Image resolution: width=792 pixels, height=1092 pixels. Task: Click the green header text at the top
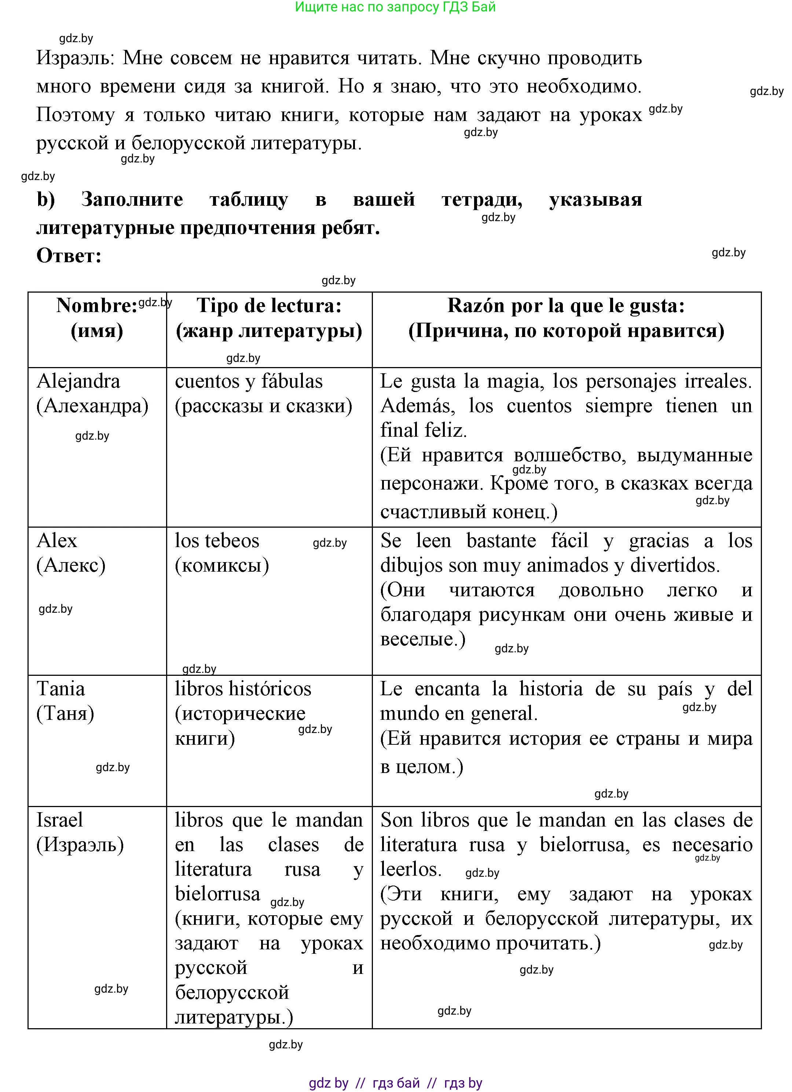395,7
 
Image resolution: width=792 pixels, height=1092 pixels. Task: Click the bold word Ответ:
69,256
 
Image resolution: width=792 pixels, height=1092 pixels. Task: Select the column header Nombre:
97,305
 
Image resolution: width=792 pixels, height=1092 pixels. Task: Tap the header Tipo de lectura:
269,305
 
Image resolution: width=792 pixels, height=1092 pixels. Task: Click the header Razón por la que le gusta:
566,305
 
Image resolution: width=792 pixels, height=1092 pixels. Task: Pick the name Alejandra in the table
78,381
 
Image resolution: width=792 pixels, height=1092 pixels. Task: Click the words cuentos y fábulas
249,381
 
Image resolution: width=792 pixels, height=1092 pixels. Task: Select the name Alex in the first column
57,541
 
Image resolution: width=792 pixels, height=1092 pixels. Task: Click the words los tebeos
217,541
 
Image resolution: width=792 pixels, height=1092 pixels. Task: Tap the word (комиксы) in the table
221,565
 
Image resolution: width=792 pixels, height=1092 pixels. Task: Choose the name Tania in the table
60,689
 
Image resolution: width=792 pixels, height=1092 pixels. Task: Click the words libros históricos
243,689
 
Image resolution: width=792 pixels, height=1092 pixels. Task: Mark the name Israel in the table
60,820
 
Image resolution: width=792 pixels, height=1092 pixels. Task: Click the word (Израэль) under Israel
80,844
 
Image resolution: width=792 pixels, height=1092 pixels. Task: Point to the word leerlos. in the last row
411,869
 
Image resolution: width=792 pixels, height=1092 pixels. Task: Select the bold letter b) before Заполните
46,199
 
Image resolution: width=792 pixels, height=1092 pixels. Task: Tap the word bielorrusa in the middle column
217,894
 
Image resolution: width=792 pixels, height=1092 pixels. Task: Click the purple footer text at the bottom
395,1083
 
